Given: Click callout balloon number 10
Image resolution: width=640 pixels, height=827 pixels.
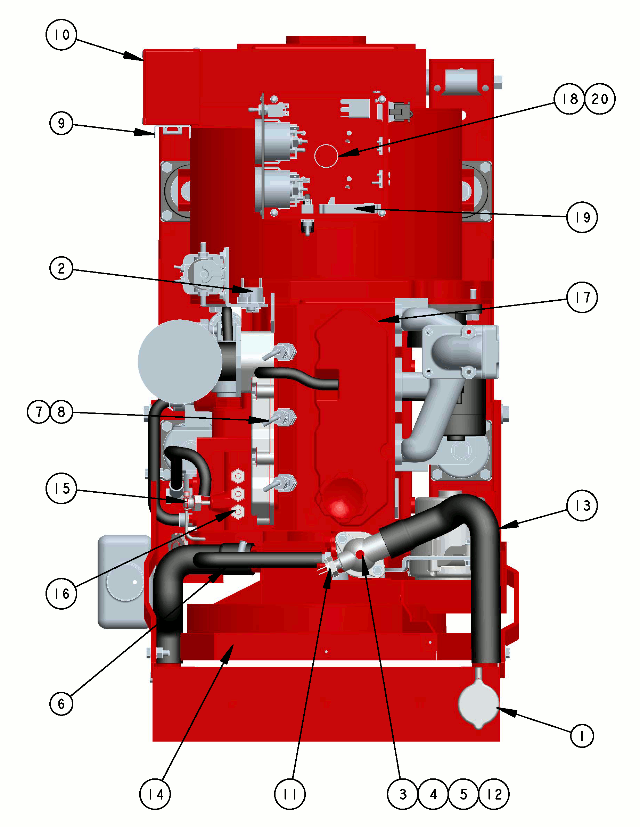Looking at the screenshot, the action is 61,34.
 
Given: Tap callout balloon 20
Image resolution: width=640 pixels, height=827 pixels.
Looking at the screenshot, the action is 600,99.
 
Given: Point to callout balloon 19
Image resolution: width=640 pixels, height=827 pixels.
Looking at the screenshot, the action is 582,217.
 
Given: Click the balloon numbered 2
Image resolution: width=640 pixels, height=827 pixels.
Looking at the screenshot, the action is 61,268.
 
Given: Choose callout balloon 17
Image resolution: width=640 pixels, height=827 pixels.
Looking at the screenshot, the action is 582,297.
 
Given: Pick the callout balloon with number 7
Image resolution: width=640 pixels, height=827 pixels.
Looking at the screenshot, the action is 39,412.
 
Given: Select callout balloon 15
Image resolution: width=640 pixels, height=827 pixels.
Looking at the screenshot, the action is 61,488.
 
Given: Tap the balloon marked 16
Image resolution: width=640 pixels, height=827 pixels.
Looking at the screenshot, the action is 61,594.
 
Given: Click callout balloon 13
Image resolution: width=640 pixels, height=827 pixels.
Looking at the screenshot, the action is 582,506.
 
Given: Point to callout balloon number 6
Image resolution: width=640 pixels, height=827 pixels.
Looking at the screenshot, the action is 61,703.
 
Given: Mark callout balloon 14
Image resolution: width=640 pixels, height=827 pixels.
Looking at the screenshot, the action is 155,794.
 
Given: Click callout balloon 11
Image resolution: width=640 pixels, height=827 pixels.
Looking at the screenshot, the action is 290,794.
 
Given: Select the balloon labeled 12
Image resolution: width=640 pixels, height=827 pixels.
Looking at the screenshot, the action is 494,794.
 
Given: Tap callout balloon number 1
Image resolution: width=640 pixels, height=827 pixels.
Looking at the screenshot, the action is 582,736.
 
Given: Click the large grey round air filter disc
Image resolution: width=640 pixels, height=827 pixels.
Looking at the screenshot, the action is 180,362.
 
